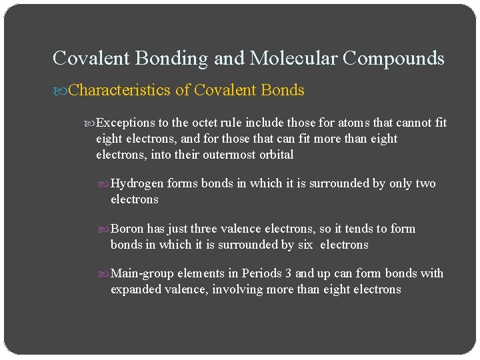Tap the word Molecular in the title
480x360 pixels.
pos(293,59)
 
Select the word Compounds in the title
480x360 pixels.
pos(393,59)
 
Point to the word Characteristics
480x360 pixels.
pos(119,90)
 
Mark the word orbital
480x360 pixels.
pos(274,155)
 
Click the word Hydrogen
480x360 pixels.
pos(137,183)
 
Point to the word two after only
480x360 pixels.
pos(425,183)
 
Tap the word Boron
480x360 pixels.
pos(128,229)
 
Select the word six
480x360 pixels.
pos(305,245)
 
